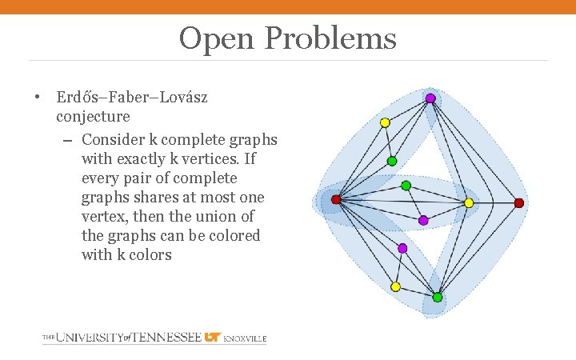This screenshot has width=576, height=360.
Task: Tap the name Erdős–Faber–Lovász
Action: [132, 98]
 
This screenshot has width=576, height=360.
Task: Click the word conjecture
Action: [93, 117]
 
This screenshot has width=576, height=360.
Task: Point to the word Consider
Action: [114, 139]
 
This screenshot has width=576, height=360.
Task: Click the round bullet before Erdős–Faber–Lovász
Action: [38, 98]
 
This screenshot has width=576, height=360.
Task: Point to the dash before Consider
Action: [67, 140]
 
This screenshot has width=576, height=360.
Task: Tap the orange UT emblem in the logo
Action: [212, 338]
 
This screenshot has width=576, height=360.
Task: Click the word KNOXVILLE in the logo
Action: [245, 339]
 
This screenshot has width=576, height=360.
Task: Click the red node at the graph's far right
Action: [518, 203]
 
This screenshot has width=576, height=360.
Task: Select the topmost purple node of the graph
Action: [430, 98]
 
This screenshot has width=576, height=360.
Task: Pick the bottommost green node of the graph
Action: [438, 298]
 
